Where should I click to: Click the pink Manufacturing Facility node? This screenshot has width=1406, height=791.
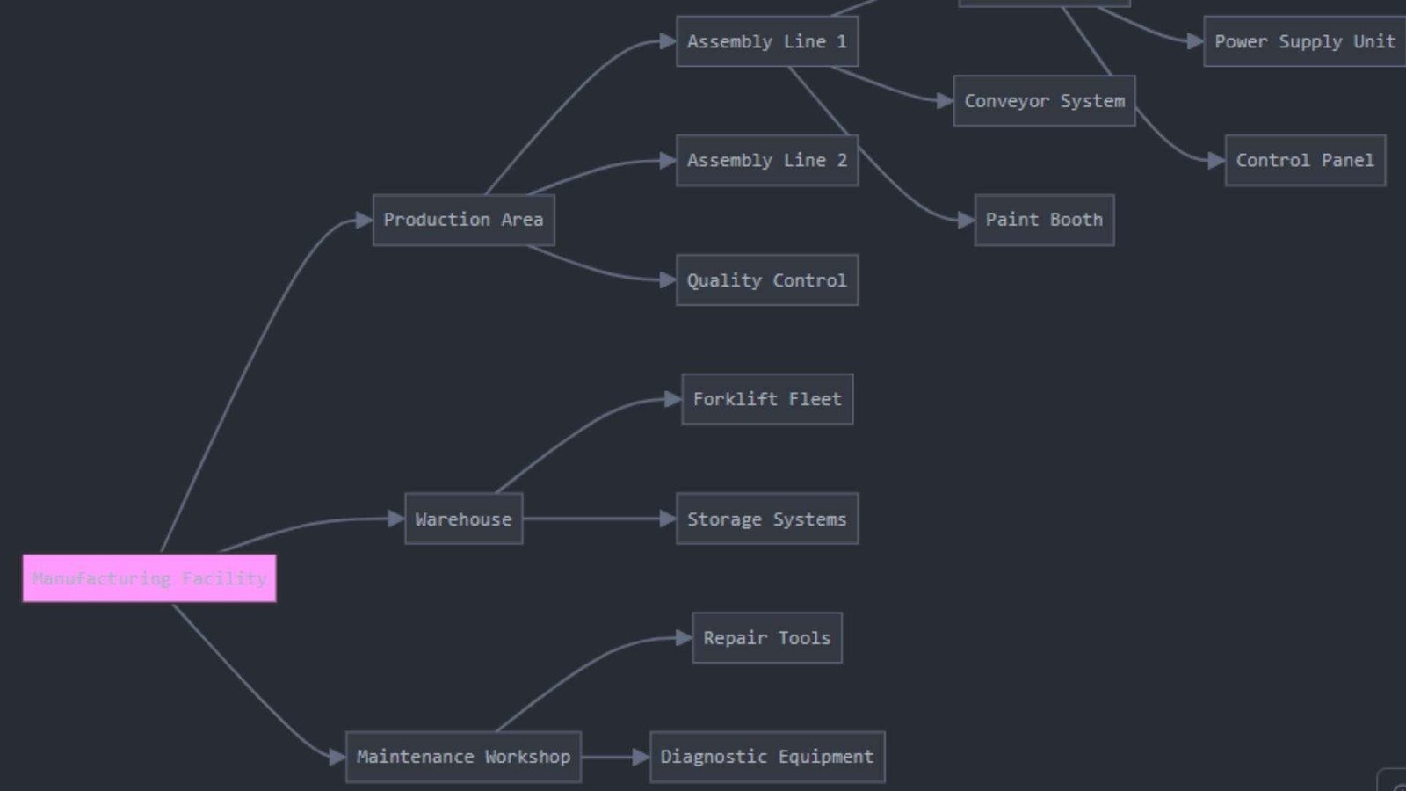pos(149,578)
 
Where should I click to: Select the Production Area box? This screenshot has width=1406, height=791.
pos(463,220)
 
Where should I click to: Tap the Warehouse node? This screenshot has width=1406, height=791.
pos(463,519)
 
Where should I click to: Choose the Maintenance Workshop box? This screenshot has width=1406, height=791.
pos(463,757)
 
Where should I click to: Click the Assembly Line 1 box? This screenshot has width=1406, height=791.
pos(766,41)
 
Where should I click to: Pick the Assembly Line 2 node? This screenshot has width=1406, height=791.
pos(766,160)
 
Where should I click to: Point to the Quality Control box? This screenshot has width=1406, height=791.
pos(766,280)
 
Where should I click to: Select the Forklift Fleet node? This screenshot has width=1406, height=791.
pos(766,399)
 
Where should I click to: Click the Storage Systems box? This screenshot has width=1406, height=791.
pos(766,519)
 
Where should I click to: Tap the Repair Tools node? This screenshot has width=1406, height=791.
pos(766,638)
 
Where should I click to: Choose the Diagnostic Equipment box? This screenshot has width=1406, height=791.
pos(766,757)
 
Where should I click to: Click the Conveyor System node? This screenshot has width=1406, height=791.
pos(1044,101)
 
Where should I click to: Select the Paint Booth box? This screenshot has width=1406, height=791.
pos(1044,220)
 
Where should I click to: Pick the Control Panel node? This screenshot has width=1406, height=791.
pos(1305,160)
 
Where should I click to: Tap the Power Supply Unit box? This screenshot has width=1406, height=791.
pos(1304,41)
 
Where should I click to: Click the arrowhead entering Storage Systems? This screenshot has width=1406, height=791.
pos(668,519)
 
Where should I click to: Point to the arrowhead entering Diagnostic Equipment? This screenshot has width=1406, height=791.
pos(641,757)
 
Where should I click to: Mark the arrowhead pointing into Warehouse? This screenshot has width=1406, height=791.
pos(396,519)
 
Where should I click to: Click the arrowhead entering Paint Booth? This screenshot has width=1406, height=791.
pos(966,220)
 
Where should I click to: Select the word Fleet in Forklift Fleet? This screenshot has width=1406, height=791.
pos(815,399)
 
